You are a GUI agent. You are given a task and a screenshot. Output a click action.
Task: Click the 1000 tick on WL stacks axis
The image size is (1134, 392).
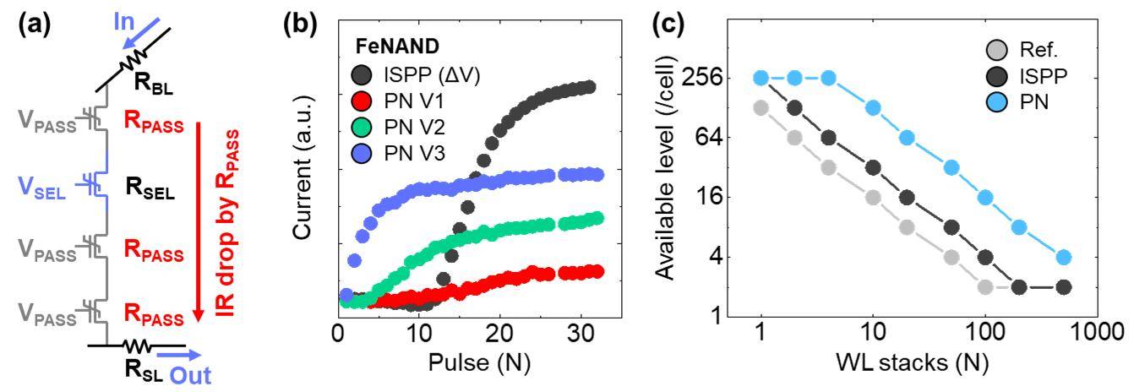pyautogui.click(x=1098, y=332)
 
